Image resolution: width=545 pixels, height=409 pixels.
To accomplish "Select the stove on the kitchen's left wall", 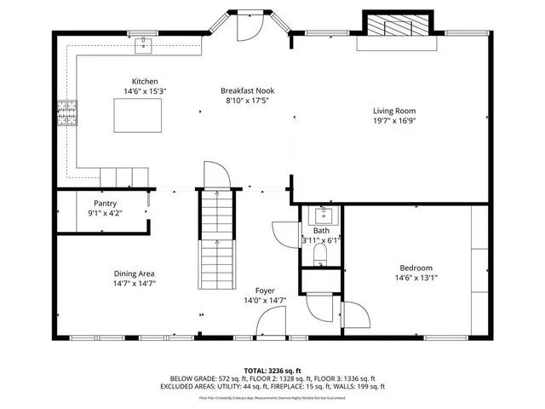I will [66, 112].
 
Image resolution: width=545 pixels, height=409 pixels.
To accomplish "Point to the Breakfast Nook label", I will [247, 90].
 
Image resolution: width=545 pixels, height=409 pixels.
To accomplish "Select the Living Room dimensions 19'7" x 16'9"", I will [393, 120].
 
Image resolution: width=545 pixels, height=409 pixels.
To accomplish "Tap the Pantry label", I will [106, 204].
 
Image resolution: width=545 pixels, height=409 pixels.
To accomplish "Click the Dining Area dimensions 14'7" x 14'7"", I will [135, 284].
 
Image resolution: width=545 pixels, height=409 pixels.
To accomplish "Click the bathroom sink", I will [324, 214].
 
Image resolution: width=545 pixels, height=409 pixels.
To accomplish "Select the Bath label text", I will [321, 231].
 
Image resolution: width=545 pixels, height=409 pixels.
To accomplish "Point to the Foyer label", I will [265, 290].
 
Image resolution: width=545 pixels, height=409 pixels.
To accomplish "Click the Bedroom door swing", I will [356, 317].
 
